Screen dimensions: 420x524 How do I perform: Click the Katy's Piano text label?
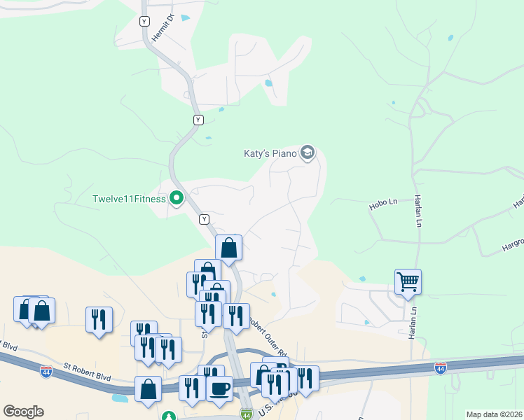270,153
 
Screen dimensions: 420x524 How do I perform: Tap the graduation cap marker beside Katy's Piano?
307,152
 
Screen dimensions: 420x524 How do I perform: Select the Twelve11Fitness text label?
129,199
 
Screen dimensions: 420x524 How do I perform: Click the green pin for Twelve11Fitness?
177,199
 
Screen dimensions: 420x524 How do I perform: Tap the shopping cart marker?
408,281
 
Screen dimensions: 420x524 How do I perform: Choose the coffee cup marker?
220,388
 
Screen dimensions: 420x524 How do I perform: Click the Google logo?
23,412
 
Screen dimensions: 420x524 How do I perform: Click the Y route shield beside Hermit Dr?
144,21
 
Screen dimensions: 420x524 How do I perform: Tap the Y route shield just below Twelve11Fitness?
204,219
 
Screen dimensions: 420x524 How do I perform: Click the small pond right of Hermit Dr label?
185,17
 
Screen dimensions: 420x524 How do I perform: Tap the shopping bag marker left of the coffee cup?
148,389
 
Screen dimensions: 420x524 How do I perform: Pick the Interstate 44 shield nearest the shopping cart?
440,368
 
